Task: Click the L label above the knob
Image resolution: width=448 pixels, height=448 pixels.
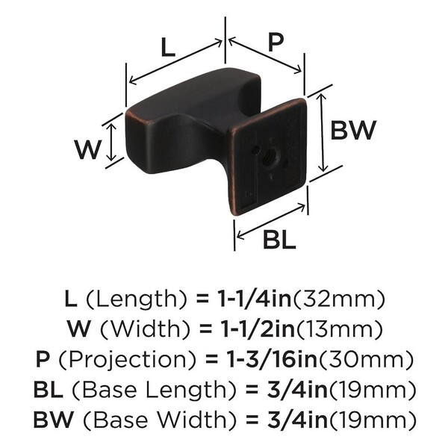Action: pos(168,47)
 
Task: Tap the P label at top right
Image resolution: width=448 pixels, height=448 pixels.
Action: pos(276,42)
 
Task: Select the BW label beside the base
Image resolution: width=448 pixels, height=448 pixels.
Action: pos(353,130)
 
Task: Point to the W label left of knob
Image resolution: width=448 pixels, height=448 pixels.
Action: pos(87,149)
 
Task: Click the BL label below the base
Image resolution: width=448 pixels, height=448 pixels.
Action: pos(279,240)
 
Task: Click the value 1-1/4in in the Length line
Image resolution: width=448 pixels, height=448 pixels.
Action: pos(255,299)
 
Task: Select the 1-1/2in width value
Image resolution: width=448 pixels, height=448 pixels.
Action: pos(258,329)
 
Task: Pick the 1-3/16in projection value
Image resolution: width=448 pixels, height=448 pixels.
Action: pos(272,359)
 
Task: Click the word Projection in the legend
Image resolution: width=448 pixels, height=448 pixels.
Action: pos(127,360)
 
